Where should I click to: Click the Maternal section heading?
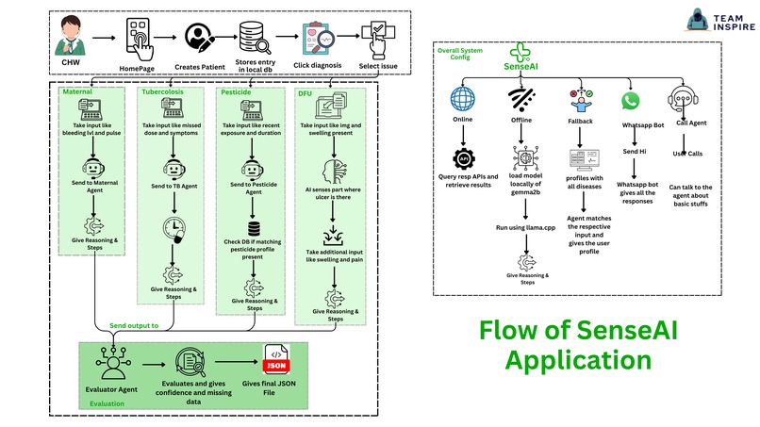pos(83,92)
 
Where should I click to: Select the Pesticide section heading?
pos(242,92)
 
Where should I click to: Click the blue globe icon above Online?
pos(464,100)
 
